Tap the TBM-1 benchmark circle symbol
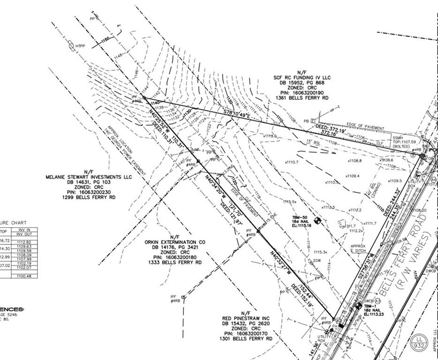(359, 306)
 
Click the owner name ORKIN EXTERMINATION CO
(174, 242)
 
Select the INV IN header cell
(25, 230)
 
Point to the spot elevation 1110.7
(292, 162)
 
